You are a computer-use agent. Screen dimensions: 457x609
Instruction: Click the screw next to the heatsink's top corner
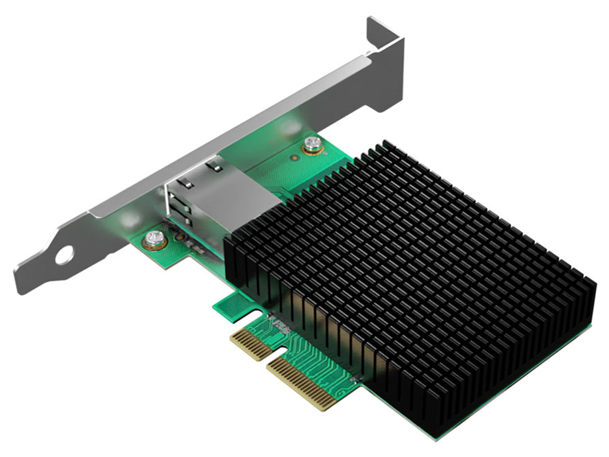click(313, 144)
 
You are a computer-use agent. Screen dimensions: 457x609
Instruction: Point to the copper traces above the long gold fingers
click(322, 357)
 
